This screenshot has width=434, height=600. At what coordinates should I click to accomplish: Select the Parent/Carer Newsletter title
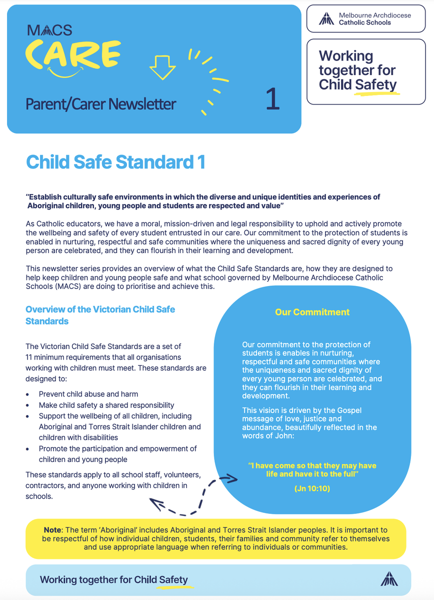pyautogui.click(x=101, y=104)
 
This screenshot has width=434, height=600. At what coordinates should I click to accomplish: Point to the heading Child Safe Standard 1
pyautogui.click(x=115, y=162)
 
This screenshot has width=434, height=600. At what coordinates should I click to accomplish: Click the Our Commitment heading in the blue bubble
pyautogui.click(x=312, y=312)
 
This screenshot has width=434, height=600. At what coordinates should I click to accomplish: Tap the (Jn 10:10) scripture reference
pyautogui.click(x=312, y=488)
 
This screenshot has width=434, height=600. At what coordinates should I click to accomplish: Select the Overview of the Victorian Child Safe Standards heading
pyautogui.click(x=100, y=315)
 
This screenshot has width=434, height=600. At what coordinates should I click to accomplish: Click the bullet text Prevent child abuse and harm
pyautogui.click(x=88, y=394)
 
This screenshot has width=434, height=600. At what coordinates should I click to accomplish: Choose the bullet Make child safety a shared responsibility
pyautogui.click(x=106, y=405)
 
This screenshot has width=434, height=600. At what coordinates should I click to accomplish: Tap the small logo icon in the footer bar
pyautogui.click(x=389, y=579)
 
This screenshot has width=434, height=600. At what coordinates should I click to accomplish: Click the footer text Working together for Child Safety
pyautogui.click(x=114, y=580)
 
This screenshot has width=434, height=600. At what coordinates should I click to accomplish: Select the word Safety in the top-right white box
pyautogui.click(x=375, y=84)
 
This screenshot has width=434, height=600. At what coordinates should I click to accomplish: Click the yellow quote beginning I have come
pyautogui.click(x=312, y=469)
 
